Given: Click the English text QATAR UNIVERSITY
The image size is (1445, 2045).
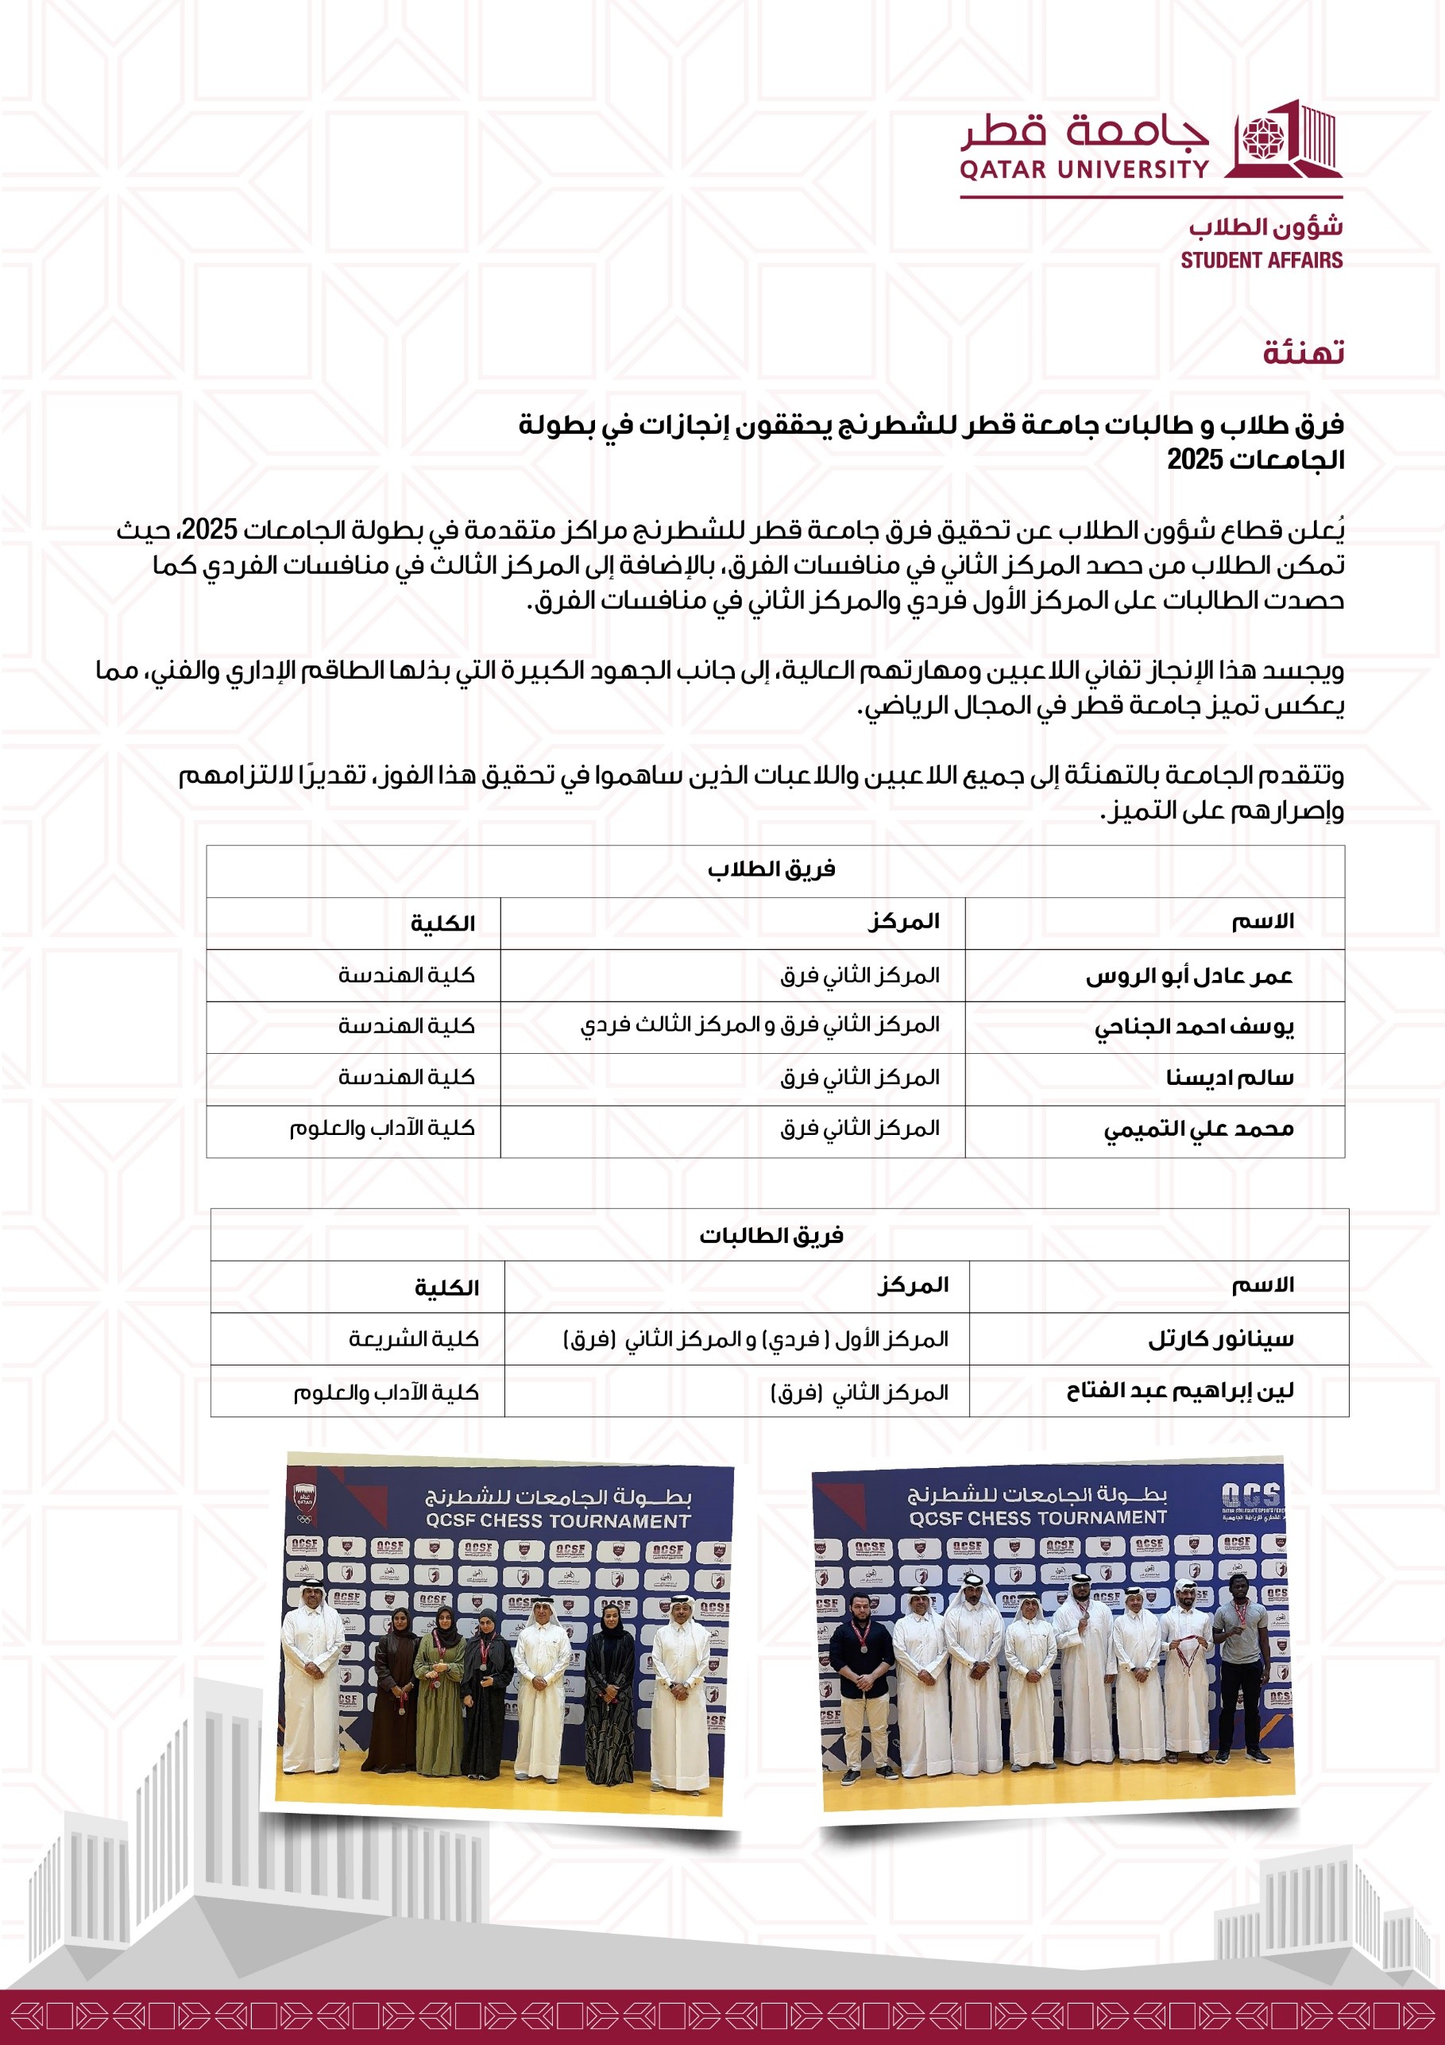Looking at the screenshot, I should (1084, 169).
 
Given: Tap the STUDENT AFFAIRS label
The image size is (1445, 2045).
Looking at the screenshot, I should (1261, 260).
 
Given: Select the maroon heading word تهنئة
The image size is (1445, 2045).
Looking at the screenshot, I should (1303, 353).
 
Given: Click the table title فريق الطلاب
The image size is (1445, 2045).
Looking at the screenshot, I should (771, 870).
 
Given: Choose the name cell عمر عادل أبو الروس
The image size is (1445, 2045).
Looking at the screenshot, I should (1188, 976).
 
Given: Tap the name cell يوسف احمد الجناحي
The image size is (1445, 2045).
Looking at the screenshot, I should (1193, 1027).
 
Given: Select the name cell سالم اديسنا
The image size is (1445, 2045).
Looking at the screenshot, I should (1230, 1079).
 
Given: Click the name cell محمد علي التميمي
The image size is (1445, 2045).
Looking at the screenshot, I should (1199, 1130).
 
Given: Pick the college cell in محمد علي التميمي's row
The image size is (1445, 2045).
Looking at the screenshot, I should (382, 1129).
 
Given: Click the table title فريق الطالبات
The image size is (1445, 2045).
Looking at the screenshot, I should (771, 1235).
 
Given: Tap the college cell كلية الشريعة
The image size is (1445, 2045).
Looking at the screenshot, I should (413, 1338).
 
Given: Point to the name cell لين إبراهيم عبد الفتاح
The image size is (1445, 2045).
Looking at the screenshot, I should (1180, 1391).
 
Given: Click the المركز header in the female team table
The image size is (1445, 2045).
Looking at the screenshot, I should (914, 1285).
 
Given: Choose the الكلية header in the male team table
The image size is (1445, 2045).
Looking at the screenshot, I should (442, 924).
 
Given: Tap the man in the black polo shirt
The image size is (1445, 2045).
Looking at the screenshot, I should (861, 1679).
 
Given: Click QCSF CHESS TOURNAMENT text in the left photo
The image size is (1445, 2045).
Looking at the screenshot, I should (558, 1520).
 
